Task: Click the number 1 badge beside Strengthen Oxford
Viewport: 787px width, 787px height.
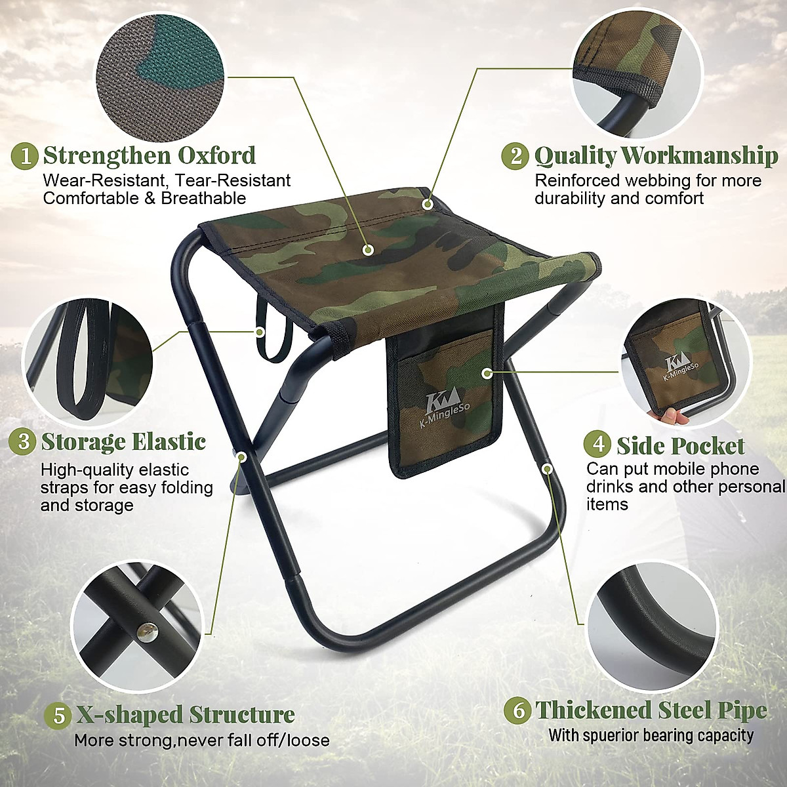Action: click(x=25, y=157)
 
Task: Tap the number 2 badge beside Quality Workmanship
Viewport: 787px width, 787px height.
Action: click(x=515, y=156)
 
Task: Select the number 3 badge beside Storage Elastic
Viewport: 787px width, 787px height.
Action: click(x=24, y=441)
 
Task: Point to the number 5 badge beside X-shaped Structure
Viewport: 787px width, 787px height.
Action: click(x=59, y=714)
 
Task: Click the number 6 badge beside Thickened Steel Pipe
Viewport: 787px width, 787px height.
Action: click(x=519, y=710)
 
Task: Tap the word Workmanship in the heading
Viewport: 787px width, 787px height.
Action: click(x=699, y=156)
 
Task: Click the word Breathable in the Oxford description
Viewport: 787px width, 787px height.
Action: click(x=203, y=198)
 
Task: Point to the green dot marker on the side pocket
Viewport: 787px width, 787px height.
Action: click(x=486, y=373)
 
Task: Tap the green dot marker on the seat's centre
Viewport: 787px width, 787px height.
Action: click(x=368, y=250)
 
